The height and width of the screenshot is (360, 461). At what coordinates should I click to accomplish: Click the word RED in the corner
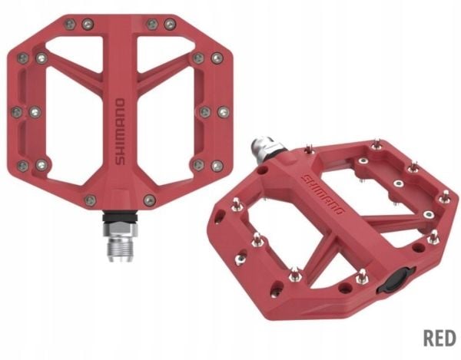[439, 338]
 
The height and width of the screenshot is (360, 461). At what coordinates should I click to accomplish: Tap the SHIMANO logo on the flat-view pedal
[120, 132]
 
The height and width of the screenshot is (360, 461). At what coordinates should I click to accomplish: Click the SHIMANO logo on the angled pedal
[323, 194]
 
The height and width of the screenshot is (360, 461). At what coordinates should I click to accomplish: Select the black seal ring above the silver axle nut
[120, 217]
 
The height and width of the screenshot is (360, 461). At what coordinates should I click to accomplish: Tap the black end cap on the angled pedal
[396, 281]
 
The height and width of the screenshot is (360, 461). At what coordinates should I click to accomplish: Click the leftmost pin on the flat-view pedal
[16, 112]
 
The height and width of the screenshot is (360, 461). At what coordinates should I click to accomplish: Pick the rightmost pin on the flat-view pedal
[224, 112]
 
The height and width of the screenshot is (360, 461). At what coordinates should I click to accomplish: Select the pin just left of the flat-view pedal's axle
[90, 200]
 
